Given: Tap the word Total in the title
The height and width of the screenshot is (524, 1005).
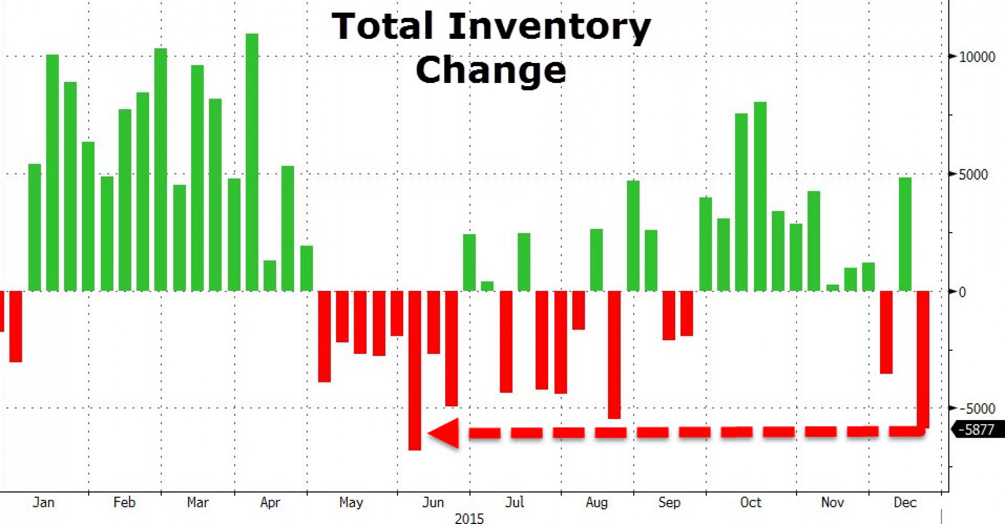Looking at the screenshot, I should pyautogui.click(x=382, y=26).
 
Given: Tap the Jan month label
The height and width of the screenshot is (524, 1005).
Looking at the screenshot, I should pyautogui.click(x=43, y=502).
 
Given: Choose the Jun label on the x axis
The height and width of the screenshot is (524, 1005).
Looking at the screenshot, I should pyautogui.click(x=433, y=502).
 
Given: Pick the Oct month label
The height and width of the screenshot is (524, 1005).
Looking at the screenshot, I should pyautogui.click(x=751, y=502).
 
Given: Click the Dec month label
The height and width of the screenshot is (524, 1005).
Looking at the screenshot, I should pyautogui.click(x=905, y=502).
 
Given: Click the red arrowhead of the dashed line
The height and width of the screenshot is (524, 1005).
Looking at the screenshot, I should pyautogui.click(x=445, y=433).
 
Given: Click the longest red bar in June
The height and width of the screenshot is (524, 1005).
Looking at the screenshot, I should pyautogui.click(x=415, y=371).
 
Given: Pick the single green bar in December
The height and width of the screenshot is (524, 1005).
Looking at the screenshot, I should pyautogui.click(x=905, y=234).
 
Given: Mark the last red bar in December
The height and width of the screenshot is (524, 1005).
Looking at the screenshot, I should pyautogui.click(x=923, y=359).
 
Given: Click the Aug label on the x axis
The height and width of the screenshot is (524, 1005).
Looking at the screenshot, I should pyautogui.click(x=596, y=502).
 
